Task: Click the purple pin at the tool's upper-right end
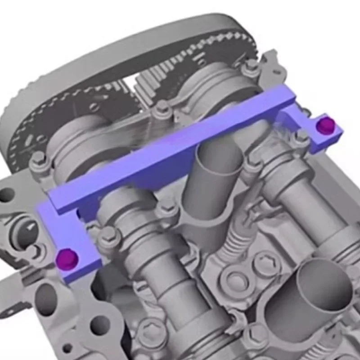point(325,126)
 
